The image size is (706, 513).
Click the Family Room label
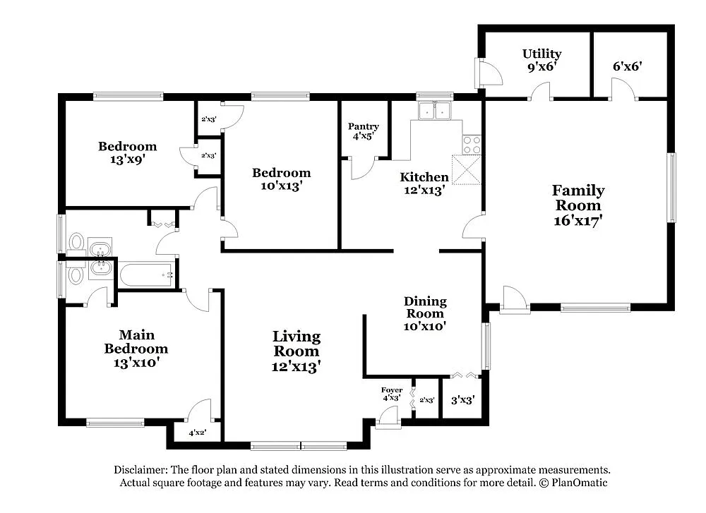(x=578, y=205)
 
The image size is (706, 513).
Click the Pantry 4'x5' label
(x=364, y=132)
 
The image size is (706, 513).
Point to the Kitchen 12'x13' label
(x=424, y=183)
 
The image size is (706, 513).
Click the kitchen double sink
(x=435, y=111)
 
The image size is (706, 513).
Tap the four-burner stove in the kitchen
(x=471, y=145)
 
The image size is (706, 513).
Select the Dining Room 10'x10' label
(x=425, y=313)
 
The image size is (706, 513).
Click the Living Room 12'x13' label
(x=297, y=351)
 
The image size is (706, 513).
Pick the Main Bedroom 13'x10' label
(x=136, y=349)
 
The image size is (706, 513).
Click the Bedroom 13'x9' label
(x=127, y=152)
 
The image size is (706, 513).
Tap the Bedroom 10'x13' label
(x=282, y=179)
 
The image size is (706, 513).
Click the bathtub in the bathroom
(x=146, y=274)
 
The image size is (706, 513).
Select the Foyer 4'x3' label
(x=392, y=394)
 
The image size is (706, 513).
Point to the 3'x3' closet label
(x=462, y=399)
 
